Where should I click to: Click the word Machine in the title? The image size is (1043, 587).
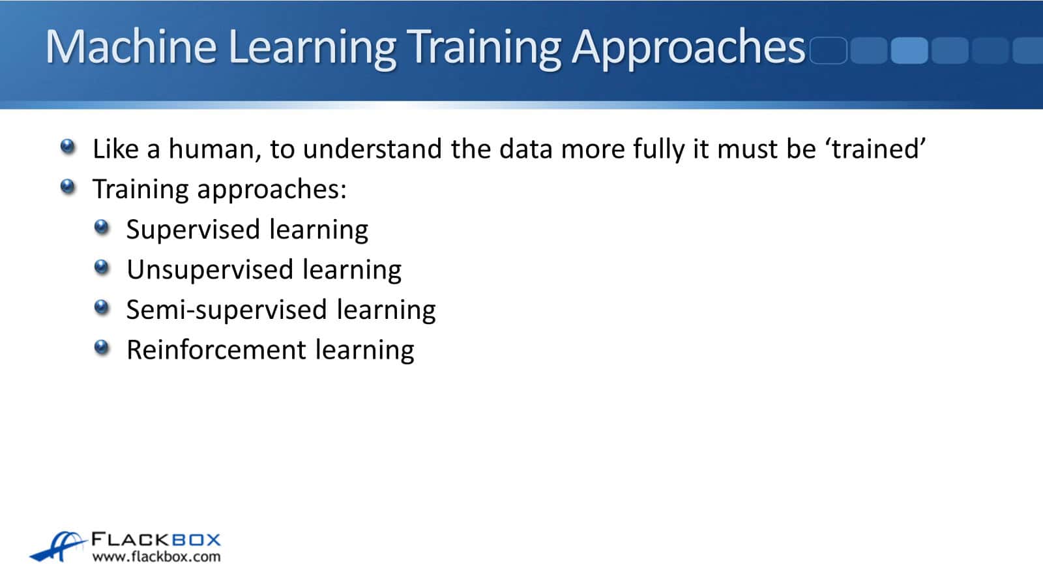click(131, 46)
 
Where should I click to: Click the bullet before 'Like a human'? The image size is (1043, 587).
click(68, 147)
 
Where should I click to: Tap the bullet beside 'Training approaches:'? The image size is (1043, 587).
click(68, 187)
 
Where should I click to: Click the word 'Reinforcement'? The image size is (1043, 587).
click(216, 350)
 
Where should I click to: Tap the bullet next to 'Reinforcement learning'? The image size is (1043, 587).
click(102, 348)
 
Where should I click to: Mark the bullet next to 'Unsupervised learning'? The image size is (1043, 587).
click(102, 267)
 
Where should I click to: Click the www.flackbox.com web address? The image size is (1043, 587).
click(156, 557)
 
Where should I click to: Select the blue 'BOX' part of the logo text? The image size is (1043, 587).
click(196, 540)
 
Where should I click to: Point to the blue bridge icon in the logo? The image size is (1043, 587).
click(59, 546)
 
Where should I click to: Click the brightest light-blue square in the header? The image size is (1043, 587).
click(909, 50)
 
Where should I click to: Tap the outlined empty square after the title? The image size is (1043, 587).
click(829, 50)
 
